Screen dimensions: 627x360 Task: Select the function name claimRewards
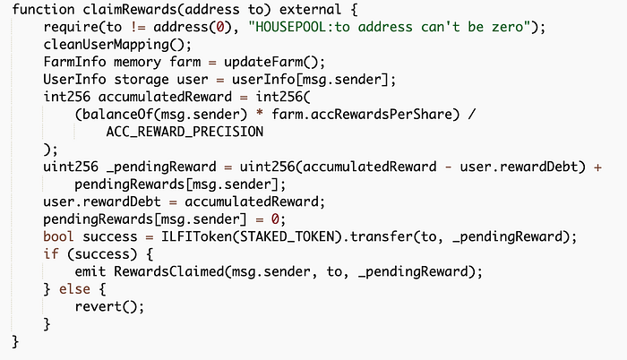coord(133,10)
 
